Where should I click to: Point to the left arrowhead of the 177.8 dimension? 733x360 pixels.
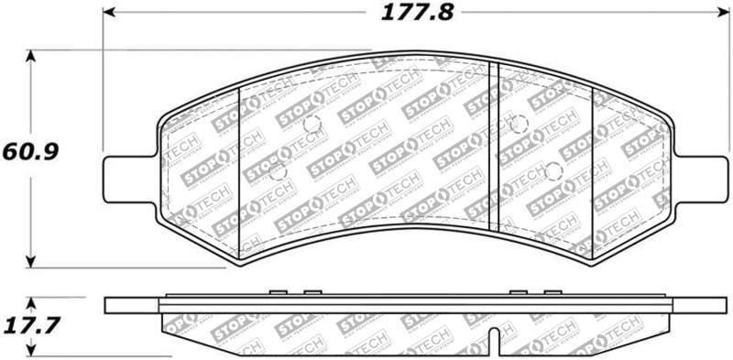pyautogui.click(x=108, y=13)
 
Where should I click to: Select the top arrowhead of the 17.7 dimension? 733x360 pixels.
pyautogui.click(x=34, y=301)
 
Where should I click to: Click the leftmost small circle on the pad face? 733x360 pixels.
pyautogui.click(x=280, y=170)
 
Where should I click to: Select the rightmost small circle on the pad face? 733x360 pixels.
pyautogui.click(x=552, y=169)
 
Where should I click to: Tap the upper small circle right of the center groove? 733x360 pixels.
pyautogui.click(x=519, y=124)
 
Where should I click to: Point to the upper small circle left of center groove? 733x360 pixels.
pyautogui.click(x=312, y=125)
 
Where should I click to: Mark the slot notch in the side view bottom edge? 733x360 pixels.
pyautogui.click(x=494, y=340)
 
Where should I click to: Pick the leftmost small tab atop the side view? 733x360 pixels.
pyautogui.click(x=276, y=293)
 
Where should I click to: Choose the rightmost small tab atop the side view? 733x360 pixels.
pyautogui.click(x=550, y=293)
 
